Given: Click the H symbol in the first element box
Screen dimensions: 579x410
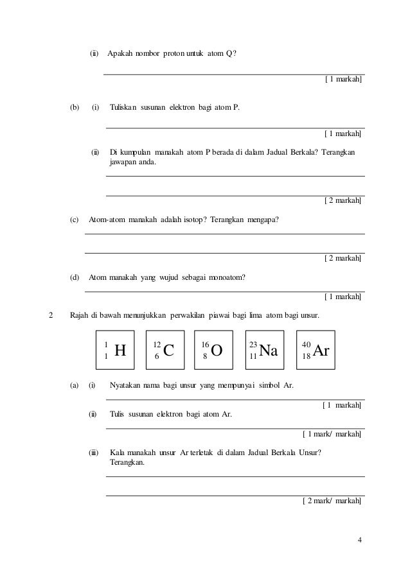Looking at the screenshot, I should coord(120,350).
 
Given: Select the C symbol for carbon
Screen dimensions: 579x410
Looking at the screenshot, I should coord(169,350).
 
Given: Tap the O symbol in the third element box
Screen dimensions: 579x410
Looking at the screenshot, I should coord(217,350).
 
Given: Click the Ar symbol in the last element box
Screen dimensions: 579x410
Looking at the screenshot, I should coord(319,350).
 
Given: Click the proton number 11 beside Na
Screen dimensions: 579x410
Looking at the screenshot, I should coord(253,355).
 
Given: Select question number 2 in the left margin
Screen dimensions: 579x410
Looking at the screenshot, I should coord(51,316).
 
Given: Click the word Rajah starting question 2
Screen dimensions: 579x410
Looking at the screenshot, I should coord(78,316).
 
